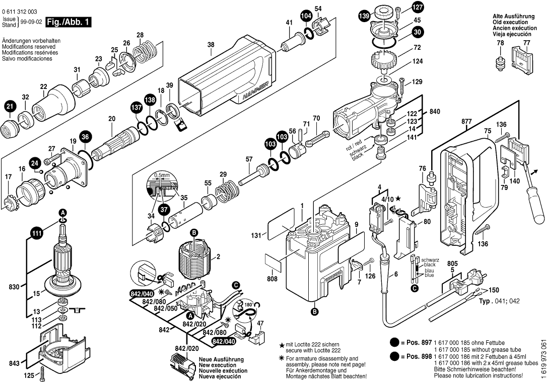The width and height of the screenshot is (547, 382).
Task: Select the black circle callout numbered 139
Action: pyautogui.click(x=363, y=17)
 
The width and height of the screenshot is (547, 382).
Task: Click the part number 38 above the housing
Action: pyautogui.click(x=211, y=45)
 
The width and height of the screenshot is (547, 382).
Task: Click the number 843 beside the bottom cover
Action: pyautogui.click(x=14, y=362)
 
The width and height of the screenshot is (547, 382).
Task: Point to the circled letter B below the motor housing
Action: pyautogui.click(x=315, y=312)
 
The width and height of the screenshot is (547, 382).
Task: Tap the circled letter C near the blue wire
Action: pyautogui.click(x=414, y=288)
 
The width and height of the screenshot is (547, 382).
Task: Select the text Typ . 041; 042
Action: pyautogui.click(x=499, y=302)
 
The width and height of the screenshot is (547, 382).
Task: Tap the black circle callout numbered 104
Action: pyautogui.click(x=306, y=16)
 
